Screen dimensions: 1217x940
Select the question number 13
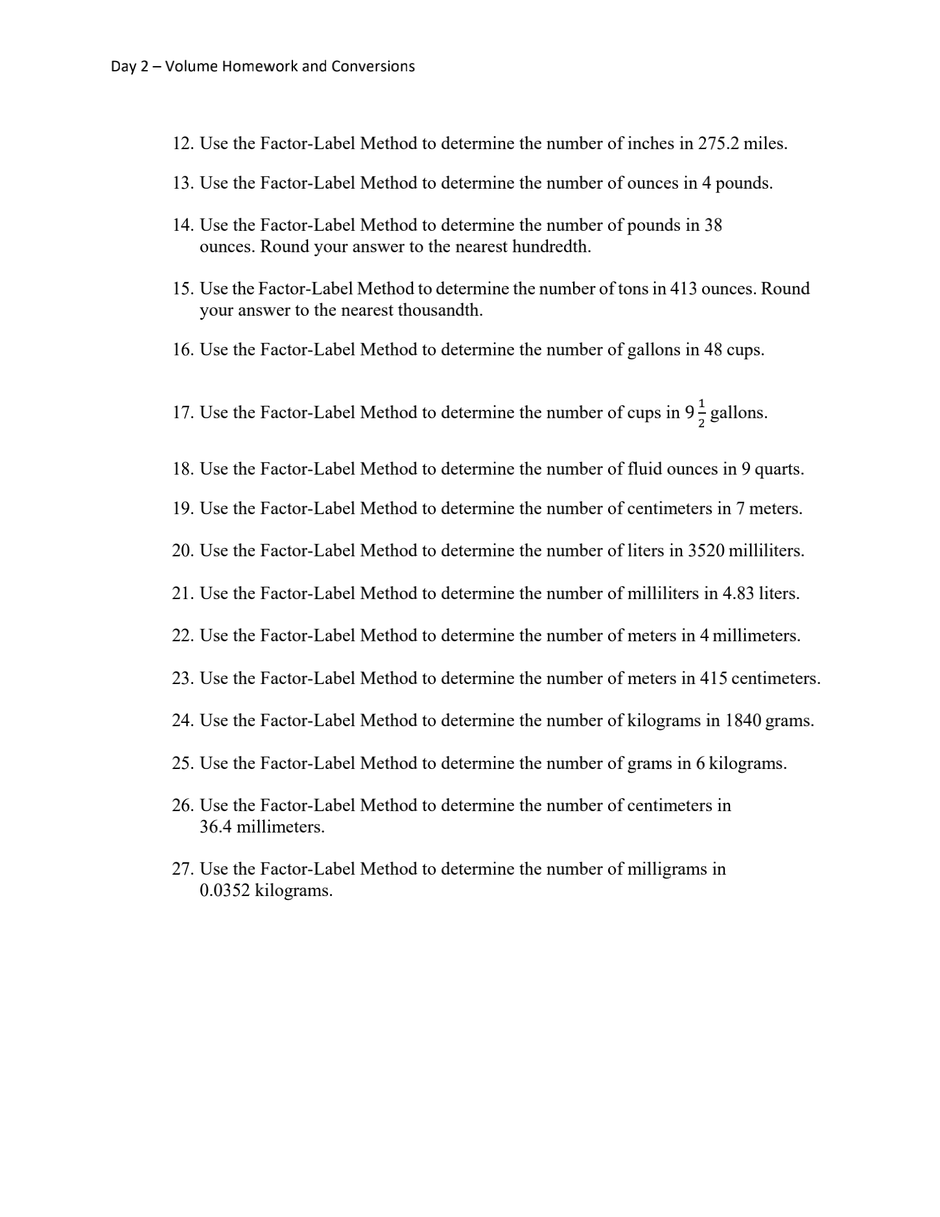point(183,183)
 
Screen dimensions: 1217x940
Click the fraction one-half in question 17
point(701,413)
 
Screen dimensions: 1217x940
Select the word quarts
point(779,469)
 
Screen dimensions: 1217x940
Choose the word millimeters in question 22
point(757,636)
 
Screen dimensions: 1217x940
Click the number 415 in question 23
point(713,679)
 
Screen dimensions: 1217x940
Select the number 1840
point(743,721)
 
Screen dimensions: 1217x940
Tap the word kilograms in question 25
point(747,764)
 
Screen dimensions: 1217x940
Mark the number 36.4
point(215,827)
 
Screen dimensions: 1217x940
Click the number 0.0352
point(224,891)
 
